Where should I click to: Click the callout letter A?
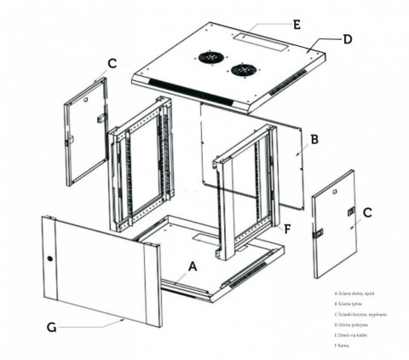193,266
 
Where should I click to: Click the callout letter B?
314,138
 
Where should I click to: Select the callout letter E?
296,25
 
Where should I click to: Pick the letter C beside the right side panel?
367,212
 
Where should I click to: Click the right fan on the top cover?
243,71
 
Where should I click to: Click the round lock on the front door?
50,258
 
